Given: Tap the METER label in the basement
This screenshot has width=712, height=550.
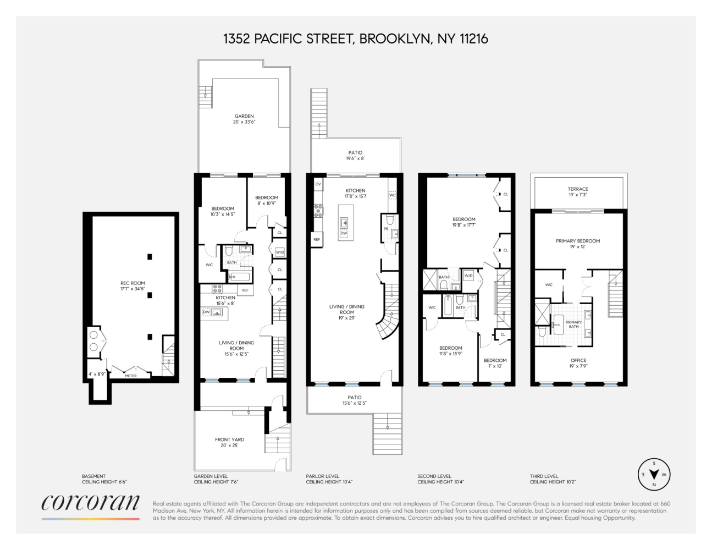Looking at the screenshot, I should [x=131, y=376].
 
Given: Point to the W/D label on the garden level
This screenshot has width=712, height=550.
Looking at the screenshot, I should [x=280, y=252].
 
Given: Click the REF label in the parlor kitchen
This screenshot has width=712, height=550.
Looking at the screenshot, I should [x=317, y=239].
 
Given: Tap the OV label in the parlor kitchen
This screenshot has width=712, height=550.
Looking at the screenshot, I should [x=318, y=184].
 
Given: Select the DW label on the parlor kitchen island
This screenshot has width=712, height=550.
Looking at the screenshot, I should [x=344, y=233].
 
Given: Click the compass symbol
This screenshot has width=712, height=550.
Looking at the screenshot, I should [x=654, y=474].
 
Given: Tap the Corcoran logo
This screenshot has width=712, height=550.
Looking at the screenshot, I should [x=91, y=503].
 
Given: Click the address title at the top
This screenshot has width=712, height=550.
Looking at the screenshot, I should [x=355, y=38].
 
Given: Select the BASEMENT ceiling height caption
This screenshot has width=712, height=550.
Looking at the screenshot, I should [x=104, y=479].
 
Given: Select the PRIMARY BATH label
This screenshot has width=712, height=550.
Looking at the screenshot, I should [x=573, y=324].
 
